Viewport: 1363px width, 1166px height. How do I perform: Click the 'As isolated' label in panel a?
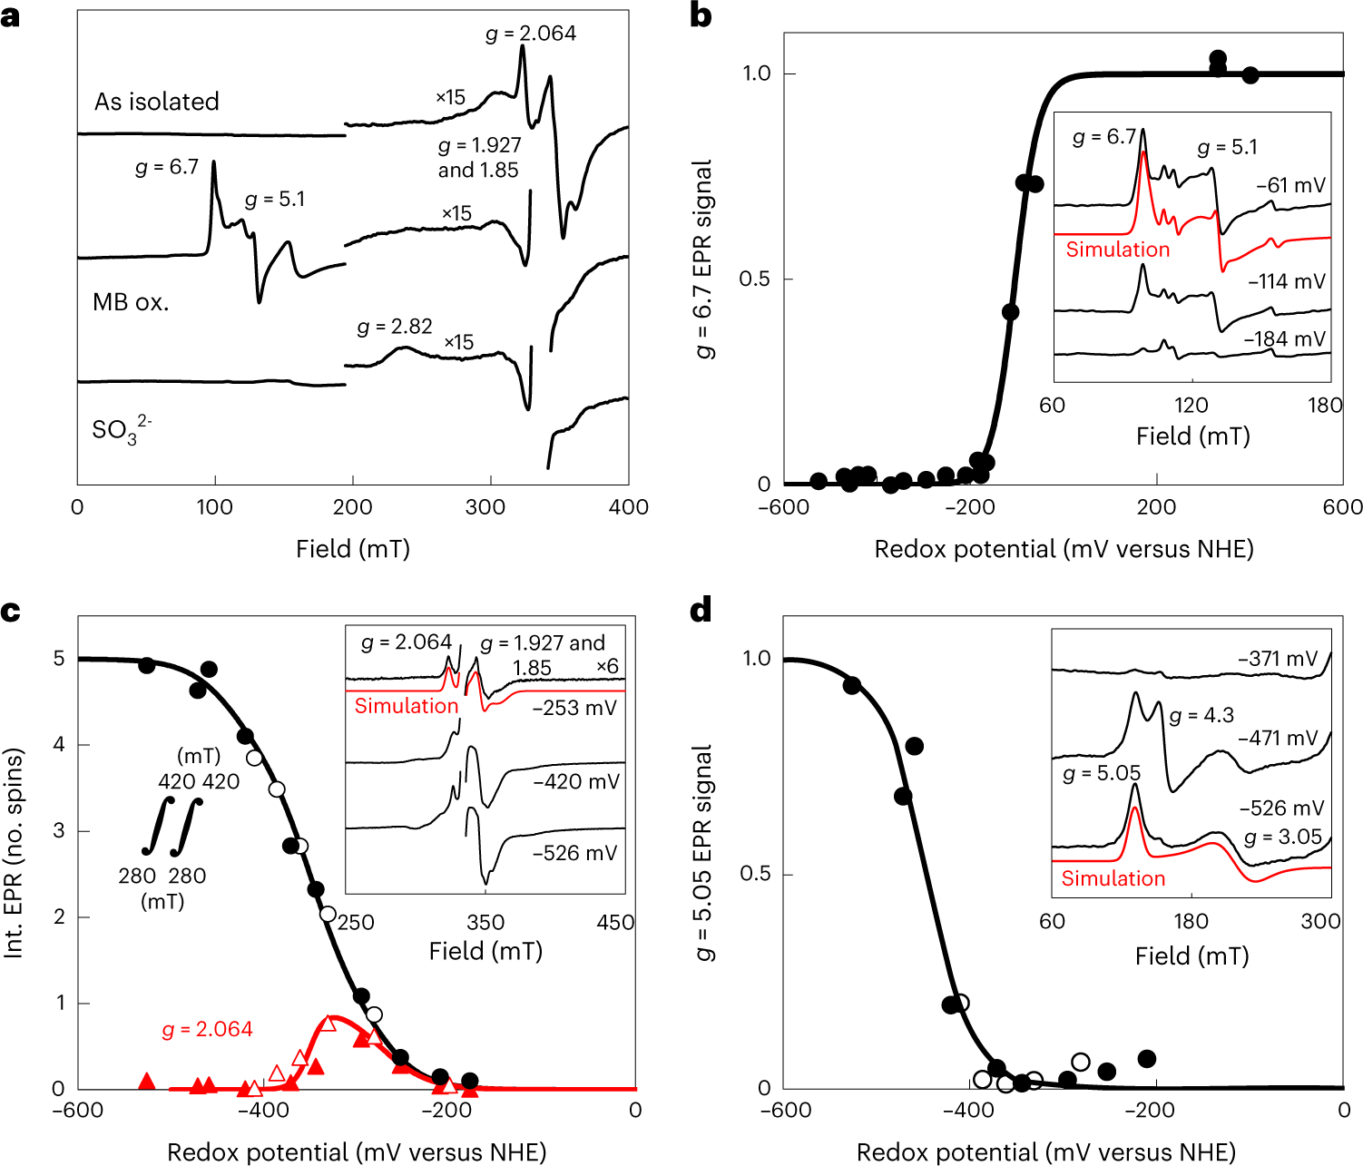point(157,102)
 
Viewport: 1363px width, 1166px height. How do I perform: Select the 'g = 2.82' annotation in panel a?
point(395,327)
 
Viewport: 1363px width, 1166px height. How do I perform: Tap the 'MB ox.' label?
point(131,302)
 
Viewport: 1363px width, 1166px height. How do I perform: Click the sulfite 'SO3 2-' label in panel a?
point(122,429)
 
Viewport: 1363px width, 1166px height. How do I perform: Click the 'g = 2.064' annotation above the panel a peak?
point(531,34)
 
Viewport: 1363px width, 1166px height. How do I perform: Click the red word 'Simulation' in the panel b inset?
point(1117,250)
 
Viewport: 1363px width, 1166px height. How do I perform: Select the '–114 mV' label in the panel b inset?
point(1287,281)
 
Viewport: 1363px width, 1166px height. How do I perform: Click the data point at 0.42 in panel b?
point(1010,312)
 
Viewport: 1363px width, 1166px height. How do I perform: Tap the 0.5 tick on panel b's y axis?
point(755,279)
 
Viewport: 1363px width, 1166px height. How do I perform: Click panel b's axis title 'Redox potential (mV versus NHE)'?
point(1064,549)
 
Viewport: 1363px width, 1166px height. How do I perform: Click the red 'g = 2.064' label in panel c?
point(207,1029)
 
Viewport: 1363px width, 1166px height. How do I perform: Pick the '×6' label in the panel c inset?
point(607,667)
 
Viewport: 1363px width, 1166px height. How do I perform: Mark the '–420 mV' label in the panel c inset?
point(576,782)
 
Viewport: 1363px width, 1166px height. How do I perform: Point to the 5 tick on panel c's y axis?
point(59,658)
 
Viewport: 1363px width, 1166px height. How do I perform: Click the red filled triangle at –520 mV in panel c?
point(148,1081)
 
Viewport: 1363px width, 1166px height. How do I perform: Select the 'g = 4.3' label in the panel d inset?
point(1201,716)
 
